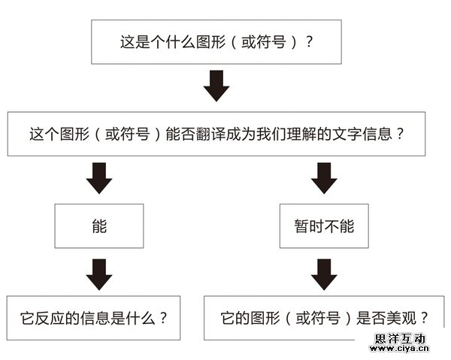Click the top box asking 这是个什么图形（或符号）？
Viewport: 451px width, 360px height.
click(216, 42)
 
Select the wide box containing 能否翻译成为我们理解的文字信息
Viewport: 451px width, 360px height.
click(216, 135)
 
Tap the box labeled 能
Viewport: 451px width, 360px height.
click(99, 225)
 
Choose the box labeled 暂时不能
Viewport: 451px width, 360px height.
click(324, 225)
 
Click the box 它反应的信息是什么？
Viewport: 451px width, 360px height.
click(99, 317)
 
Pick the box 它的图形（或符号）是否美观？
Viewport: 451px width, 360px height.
click(324, 317)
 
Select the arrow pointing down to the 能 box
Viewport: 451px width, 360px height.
click(99, 178)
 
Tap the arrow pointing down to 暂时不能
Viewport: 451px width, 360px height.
click(324, 178)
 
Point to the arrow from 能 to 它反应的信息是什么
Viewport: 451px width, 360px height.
click(99, 273)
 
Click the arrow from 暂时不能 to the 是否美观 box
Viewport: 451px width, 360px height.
click(324, 273)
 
